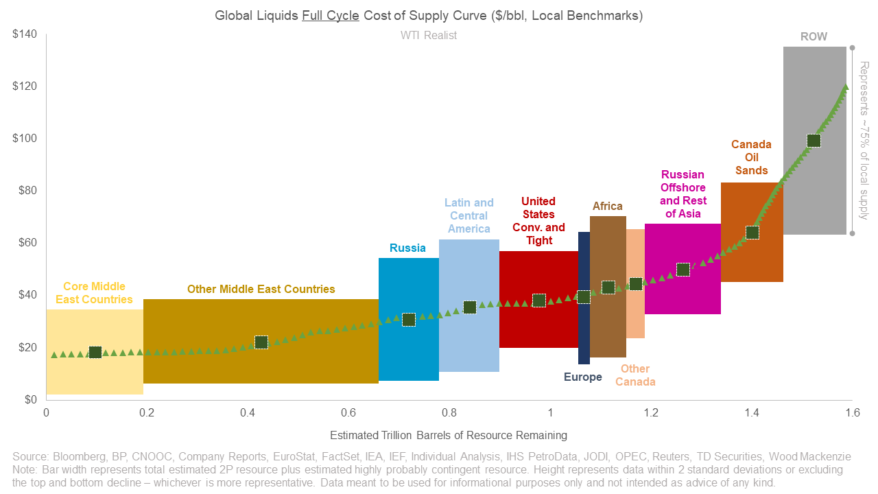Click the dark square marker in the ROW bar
(x=814, y=141)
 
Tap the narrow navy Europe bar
(x=584, y=329)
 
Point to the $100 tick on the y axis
(x=25, y=139)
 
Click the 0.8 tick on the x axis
(x=449, y=412)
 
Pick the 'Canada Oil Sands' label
(x=751, y=157)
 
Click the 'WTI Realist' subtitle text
(x=429, y=35)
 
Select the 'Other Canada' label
(x=635, y=375)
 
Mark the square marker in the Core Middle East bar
(x=95, y=352)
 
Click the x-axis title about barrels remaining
(x=449, y=435)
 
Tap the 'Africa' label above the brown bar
(x=607, y=206)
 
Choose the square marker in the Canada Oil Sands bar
(x=752, y=233)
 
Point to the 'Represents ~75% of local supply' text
(x=864, y=141)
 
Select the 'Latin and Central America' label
(x=468, y=215)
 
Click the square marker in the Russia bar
(x=408, y=320)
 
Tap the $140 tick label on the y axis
(x=25, y=34)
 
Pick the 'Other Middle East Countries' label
(x=261, y=289)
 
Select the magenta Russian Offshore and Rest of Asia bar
(x=683, y=295)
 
